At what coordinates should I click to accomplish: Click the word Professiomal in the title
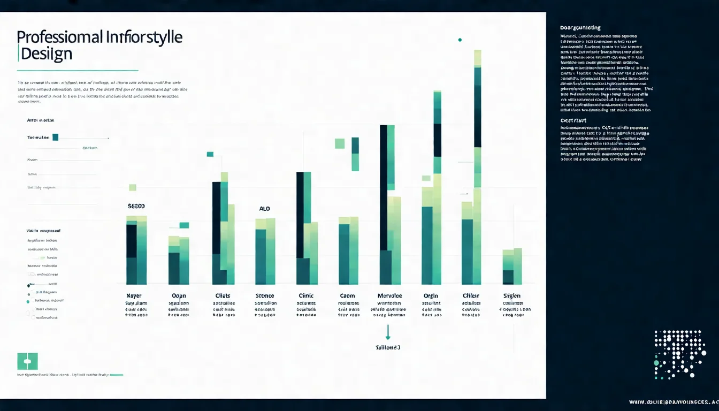tap(59, 37)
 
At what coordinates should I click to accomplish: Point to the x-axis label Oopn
tap(179, 296)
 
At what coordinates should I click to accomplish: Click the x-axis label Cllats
tap(223, 296)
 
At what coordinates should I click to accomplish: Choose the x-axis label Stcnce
tap(265, 296)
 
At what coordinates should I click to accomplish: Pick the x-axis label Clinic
tap(306, 296)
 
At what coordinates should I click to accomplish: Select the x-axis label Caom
tap(347, 296)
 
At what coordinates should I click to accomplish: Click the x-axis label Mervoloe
tap(389, 296)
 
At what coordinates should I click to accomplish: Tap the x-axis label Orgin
tap(431, 296)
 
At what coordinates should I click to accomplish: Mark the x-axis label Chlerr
tap(471, 296)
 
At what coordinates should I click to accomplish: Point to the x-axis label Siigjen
tap(512, 296)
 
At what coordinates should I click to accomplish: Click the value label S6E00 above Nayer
tap(136, 206)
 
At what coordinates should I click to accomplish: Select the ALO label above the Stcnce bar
tap(265, 209)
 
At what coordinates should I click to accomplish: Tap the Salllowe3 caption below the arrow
tap(388, 347)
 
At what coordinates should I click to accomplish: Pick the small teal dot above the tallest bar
tap(460, 40)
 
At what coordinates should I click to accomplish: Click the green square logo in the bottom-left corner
tap(27, 361)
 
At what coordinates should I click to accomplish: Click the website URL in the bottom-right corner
tap(674, 402)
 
